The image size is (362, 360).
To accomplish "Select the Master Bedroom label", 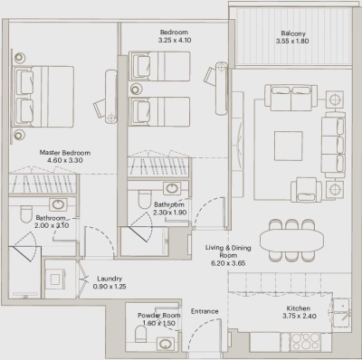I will pos(64,153).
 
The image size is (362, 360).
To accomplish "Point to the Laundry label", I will pos(109,278).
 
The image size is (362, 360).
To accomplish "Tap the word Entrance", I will pos(205,311).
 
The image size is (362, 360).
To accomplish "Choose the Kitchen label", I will pos(295,307).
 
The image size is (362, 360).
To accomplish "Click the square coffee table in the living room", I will pos(289,144).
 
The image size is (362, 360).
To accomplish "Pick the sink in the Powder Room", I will pos(166,344).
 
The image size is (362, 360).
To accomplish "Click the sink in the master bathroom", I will pos(57,204).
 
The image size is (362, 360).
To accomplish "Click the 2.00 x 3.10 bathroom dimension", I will pos(52,227).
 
